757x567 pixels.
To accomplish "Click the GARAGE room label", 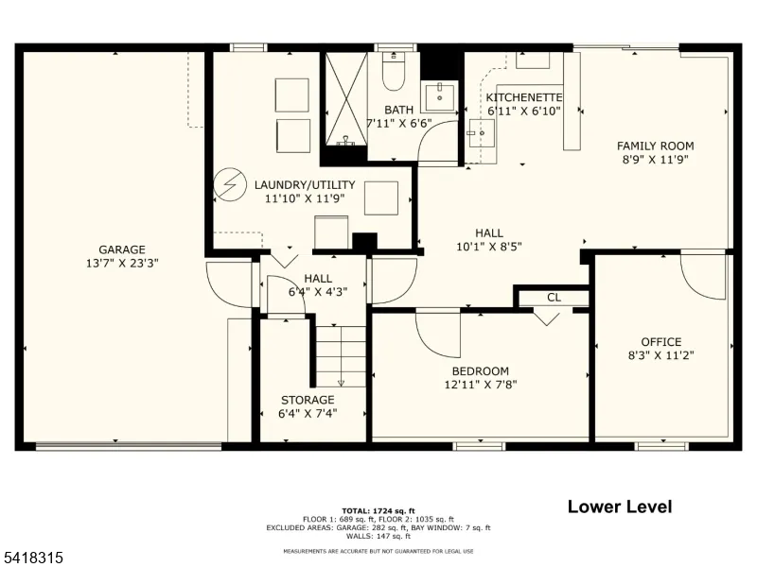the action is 122,249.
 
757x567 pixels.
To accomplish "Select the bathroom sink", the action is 439,96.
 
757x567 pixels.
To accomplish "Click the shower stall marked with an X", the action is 346,99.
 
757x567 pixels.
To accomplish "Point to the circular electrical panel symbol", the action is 230,184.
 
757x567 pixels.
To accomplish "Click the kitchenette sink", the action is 481,132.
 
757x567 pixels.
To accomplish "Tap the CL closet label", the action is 555,298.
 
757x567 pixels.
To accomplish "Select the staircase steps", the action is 341,356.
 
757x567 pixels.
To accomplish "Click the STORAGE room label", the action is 308,400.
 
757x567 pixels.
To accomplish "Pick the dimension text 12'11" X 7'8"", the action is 481,385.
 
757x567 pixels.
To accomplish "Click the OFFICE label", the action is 660,342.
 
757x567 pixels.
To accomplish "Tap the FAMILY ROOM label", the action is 655,146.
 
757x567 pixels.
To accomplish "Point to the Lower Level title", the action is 620,507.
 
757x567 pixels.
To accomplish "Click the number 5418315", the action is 32,558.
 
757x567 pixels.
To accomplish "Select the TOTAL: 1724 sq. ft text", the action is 378,511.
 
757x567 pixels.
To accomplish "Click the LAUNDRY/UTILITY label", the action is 305,184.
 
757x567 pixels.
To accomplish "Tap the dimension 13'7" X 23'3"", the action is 122,264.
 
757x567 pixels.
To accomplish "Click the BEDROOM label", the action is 481,371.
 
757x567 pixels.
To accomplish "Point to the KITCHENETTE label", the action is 524,97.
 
